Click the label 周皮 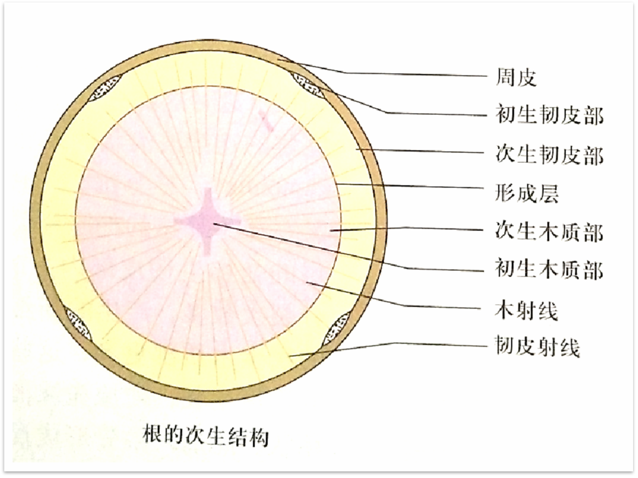pyautogui.click(x=516, y=78)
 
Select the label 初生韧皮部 pyautogui.click(x=549, y=116)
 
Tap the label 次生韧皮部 pyautogui.click(x=549, y=155)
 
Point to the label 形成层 pyautogui.click(x=527, y=194)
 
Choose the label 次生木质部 pyautogui.click(x=549, y=232)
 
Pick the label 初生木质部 pyautogui.click(x=549, y=270)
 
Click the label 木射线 pyautogui.click(x=527, y=310)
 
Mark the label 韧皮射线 pyautogui.click(x=537, y=348)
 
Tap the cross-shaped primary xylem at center pyautogui.click(x=209, y=221)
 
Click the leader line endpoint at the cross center pyautogui.click(x=213, y=224)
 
